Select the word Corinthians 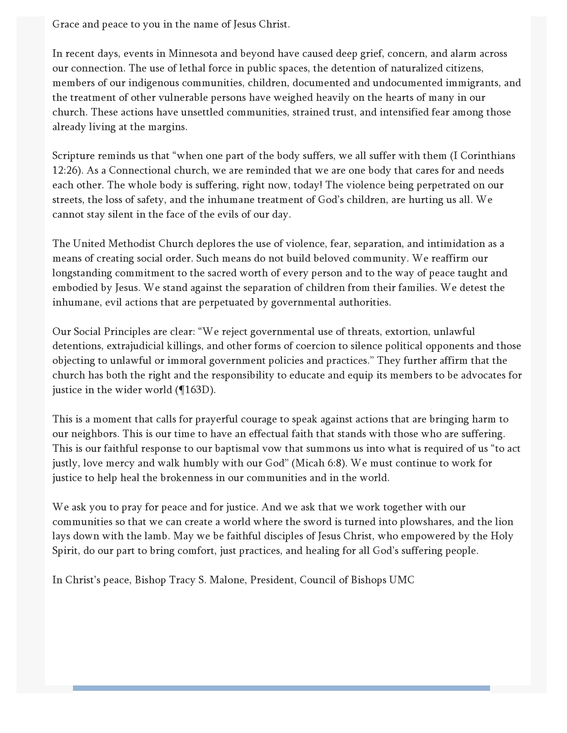[488, 156]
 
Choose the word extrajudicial [135, 346]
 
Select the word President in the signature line [272, 580]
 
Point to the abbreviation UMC [401, 580]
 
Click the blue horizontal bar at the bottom [281, 688]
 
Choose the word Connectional [140, 171]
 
